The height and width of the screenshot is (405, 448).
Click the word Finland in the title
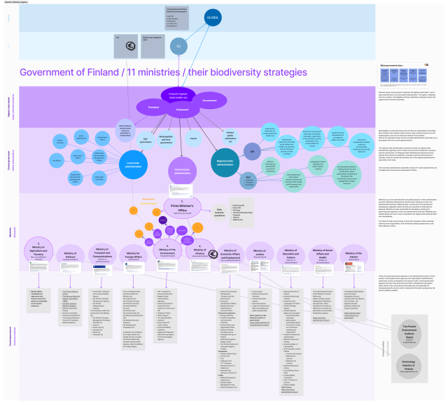pos(122,73)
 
